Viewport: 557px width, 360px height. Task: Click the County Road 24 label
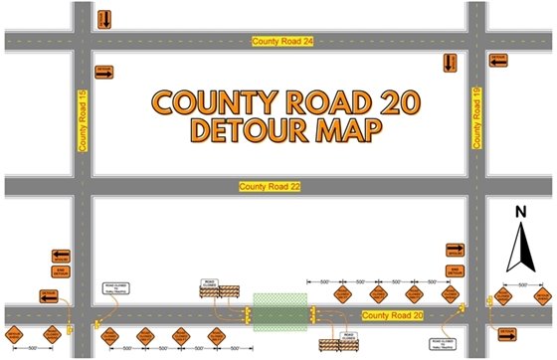click(282, 41)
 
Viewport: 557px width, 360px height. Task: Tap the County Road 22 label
click(269, 186)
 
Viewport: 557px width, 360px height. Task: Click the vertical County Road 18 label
click(476, 118)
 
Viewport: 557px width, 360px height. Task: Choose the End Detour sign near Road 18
click(457, 271)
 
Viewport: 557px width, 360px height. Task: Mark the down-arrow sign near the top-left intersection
click(104, 19)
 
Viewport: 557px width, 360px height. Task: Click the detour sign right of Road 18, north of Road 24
click(498, 62)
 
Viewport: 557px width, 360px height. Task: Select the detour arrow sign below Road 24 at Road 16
click(103, 72)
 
